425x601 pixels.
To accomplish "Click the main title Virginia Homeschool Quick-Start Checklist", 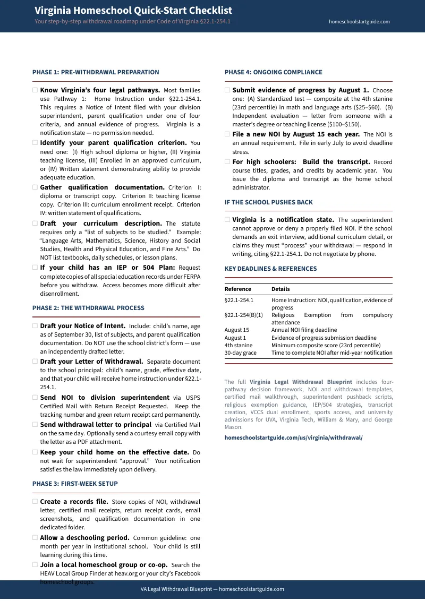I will click(133, 11).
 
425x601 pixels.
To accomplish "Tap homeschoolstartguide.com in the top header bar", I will click(359, 22).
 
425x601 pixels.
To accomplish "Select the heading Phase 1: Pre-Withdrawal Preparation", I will click(96, 72).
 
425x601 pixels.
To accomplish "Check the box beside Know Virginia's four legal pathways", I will click(35, 90).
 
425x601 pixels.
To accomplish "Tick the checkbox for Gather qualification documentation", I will click(35, 187).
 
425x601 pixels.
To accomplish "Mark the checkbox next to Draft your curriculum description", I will click(35, 224).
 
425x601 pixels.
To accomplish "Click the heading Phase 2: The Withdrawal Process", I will click(88, 308).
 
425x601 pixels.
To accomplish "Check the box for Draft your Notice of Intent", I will click(35, 326).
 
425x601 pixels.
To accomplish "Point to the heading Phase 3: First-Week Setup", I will click(75, 484).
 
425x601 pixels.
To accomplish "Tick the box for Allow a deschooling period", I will click(35, 538).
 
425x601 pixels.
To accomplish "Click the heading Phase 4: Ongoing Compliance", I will click(273, 72).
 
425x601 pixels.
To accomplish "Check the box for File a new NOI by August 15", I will click(227, 134).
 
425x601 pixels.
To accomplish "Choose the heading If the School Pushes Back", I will click(268, 202).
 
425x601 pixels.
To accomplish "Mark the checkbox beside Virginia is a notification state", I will click(227, 220).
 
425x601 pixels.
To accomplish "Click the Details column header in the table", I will click(280, 289).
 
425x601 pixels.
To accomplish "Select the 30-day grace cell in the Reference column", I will click(240, 353).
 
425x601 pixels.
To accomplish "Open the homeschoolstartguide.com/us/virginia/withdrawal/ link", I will click(293, 438).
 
